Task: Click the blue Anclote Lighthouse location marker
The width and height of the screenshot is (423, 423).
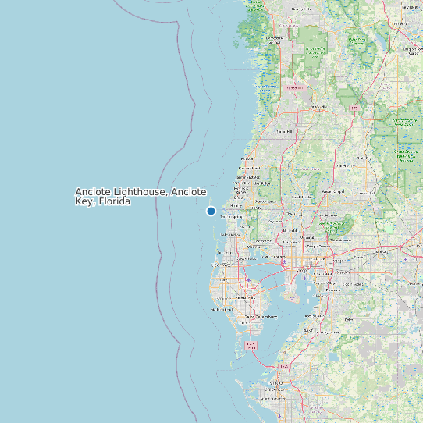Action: click(x=211, y=211)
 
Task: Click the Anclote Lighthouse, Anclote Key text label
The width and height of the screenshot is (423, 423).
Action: click(x=140, y=196)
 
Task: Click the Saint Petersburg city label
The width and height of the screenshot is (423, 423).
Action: click(x=261, y=317)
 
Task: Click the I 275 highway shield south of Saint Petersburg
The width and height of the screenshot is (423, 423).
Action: click(x=251, y=344)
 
